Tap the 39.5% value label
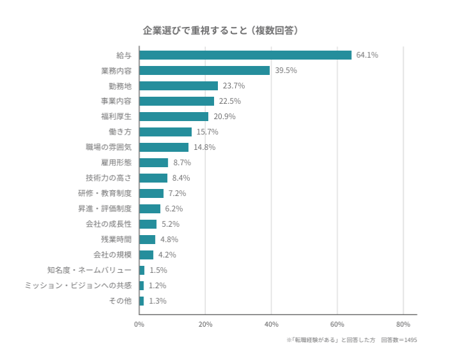point(286,70)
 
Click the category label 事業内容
point(116,101)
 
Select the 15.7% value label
point(208,132)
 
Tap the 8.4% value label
point(181,178)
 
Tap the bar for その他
point(142,301)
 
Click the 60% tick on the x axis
point(337,324)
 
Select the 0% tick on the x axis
point(139,324)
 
